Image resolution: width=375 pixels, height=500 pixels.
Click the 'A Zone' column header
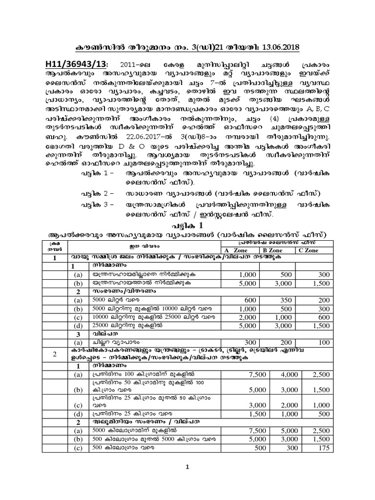coord(236,250)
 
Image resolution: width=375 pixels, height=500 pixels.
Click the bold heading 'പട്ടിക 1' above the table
coord(187,225)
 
